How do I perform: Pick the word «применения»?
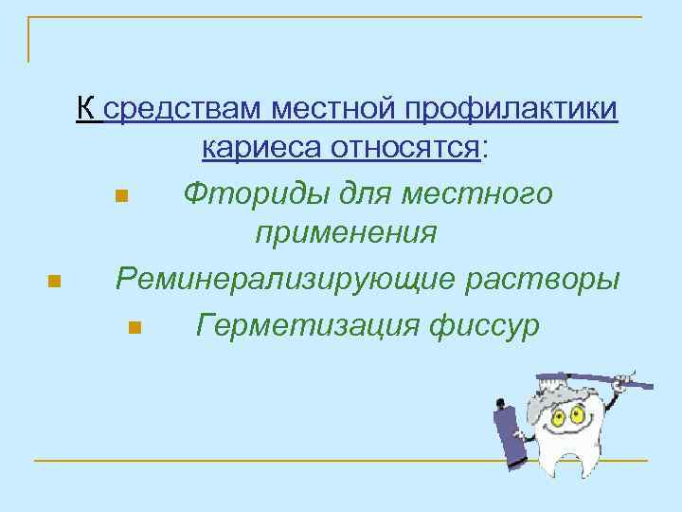click(346, 232)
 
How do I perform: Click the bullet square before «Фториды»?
click(120, 197)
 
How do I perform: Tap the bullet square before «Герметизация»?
click(134, 329)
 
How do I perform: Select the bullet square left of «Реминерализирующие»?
click(54, 281)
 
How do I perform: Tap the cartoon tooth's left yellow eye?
click(551, 414)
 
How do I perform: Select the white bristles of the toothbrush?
click(568, 376)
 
